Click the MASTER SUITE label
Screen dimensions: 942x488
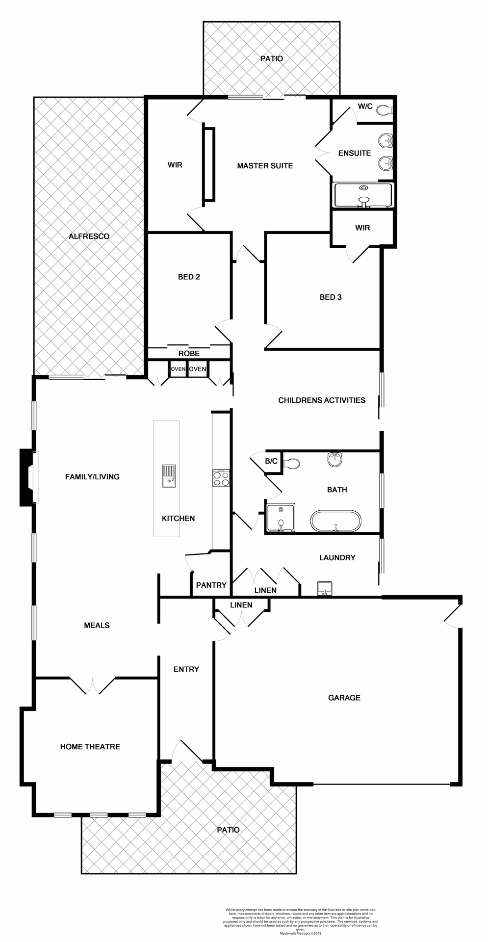click(x=265, y=166)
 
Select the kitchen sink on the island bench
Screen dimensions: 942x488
click(x=168, y=476)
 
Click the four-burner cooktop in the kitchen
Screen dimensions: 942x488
click(x=221, y=478)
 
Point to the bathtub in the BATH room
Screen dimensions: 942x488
click(x=335, y=522)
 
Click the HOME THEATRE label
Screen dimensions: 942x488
click(x=90, y=747)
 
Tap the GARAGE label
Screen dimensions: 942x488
click(x=344, y=698)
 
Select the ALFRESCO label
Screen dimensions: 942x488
click(x=89, y=236)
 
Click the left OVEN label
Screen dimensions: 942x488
click(x=178, y=369)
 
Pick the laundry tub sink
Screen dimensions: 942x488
click(x=325, y=588)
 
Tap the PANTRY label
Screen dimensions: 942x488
click(x=211, y=585)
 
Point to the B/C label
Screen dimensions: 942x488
click(x=271, y=461)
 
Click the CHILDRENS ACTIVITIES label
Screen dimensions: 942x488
click(x=322, y=400)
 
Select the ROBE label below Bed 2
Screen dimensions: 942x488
click(x=189, y=353)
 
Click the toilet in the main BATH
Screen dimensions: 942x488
click(x=293, y=463)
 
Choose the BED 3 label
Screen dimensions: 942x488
click(x=331, y=297)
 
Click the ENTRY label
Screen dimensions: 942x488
click(x=186, y=669)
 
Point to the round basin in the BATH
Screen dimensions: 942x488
click(x=335, y=459)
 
